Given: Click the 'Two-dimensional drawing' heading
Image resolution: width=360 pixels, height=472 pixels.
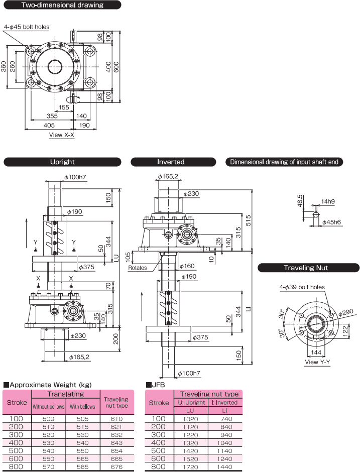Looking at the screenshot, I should tap(62, 6).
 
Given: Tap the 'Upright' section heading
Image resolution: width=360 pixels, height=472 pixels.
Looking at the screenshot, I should tap(62, 162).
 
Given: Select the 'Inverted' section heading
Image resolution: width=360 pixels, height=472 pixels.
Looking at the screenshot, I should tap(171, 162).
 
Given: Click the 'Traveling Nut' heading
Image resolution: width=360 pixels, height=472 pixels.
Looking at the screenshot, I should tap(309, 268).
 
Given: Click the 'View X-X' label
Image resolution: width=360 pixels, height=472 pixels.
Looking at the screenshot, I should tap(62, 135).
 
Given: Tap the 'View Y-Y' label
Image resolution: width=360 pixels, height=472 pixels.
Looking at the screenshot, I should tap(317, 363).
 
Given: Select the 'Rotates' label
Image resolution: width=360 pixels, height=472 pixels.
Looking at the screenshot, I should tap(137, 268).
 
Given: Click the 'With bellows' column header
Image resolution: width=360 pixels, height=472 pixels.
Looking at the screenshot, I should tap(82, 407).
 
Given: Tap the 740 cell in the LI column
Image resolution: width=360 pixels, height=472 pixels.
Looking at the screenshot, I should tap(226, 418).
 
